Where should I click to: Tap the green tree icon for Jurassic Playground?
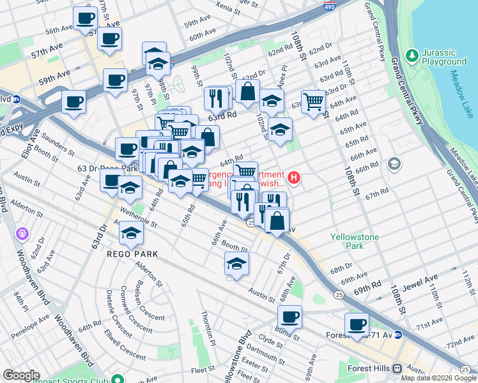(x=411, y=56)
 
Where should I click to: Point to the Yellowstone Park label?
(x=355, y=241)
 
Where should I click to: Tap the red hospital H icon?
(x=294, y=177)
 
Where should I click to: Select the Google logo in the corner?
(x=21, y=375)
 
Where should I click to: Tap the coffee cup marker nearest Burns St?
(x=289, y=317)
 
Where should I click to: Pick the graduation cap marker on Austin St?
(x=236, y=264)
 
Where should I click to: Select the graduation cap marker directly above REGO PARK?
(x=132, y=235)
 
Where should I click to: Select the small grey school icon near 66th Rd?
(x=394, y=164)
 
